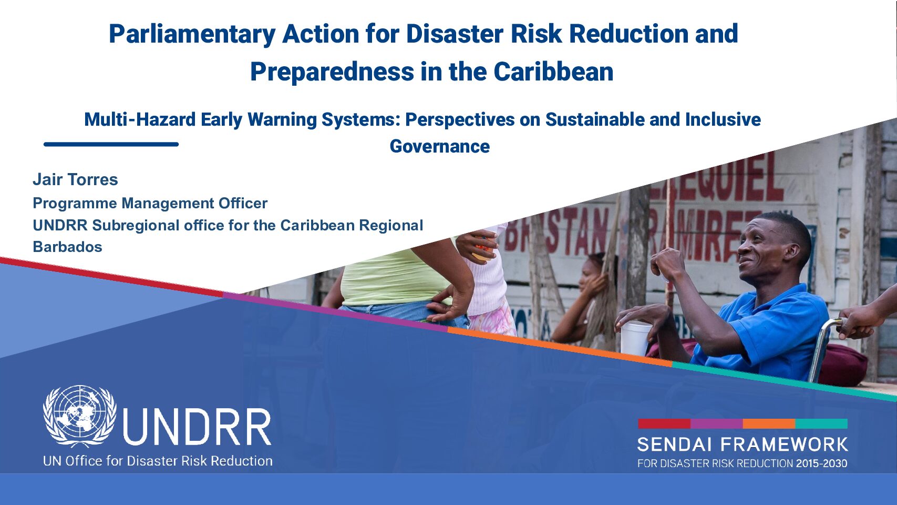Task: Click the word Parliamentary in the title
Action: tap(192, 34)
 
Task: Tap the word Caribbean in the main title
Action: tap(553, 72)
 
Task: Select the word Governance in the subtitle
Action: tap(440, 146)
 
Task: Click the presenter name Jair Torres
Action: tap(75, 179)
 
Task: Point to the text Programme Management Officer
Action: tap(150, 203)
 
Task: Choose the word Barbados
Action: tap(67, 247)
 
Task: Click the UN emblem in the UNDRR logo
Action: tap(80, 416)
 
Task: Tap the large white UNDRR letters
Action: tap(197, 427)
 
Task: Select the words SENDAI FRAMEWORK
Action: tap(743, 445)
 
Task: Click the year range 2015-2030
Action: tap(821, 464)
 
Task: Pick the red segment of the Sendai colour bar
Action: tap(664, 423)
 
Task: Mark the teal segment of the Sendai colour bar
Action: tap(821, 423)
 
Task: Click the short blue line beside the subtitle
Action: tap(111, 144)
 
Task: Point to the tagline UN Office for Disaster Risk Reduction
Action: tap(158, 461)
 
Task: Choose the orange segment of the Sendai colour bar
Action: tap(769, 423)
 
